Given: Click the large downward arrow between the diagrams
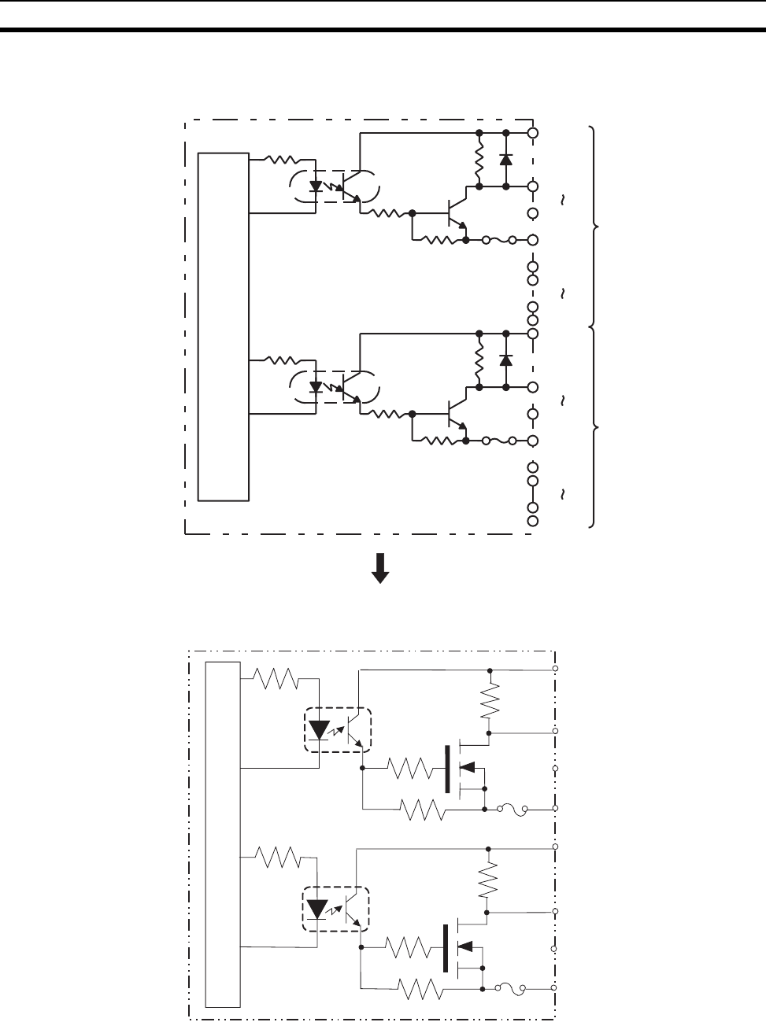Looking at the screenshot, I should [x=380, y=567].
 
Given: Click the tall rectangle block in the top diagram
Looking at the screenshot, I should [x=224, y=327].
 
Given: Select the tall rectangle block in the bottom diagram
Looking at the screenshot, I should [x=223, y=834].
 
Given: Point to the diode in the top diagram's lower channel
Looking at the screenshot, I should [x=505, y=360].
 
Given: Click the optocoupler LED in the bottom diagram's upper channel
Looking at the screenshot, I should [x=318, y=729].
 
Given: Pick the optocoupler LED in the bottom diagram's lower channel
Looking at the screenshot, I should [x=316, y=909].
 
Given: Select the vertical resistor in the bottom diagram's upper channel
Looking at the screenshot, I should [x=490, y=699].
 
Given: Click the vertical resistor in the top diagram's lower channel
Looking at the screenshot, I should [x=479, y=360].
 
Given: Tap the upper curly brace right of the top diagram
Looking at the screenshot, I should [x=595, y=227].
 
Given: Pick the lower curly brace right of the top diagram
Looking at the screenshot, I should [x=595, y=427].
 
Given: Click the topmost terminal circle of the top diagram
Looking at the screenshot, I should [x=533, y=133].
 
